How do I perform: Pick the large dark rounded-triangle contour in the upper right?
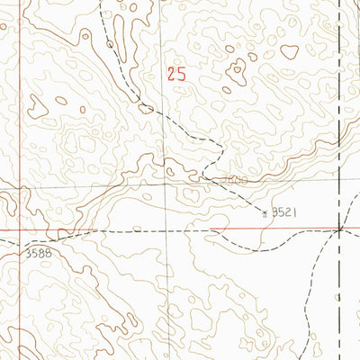290,51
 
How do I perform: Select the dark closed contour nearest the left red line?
37,106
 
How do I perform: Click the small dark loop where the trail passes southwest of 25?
144,107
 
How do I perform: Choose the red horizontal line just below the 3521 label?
270,229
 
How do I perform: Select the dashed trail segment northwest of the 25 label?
117,54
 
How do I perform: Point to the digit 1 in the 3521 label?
294,212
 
